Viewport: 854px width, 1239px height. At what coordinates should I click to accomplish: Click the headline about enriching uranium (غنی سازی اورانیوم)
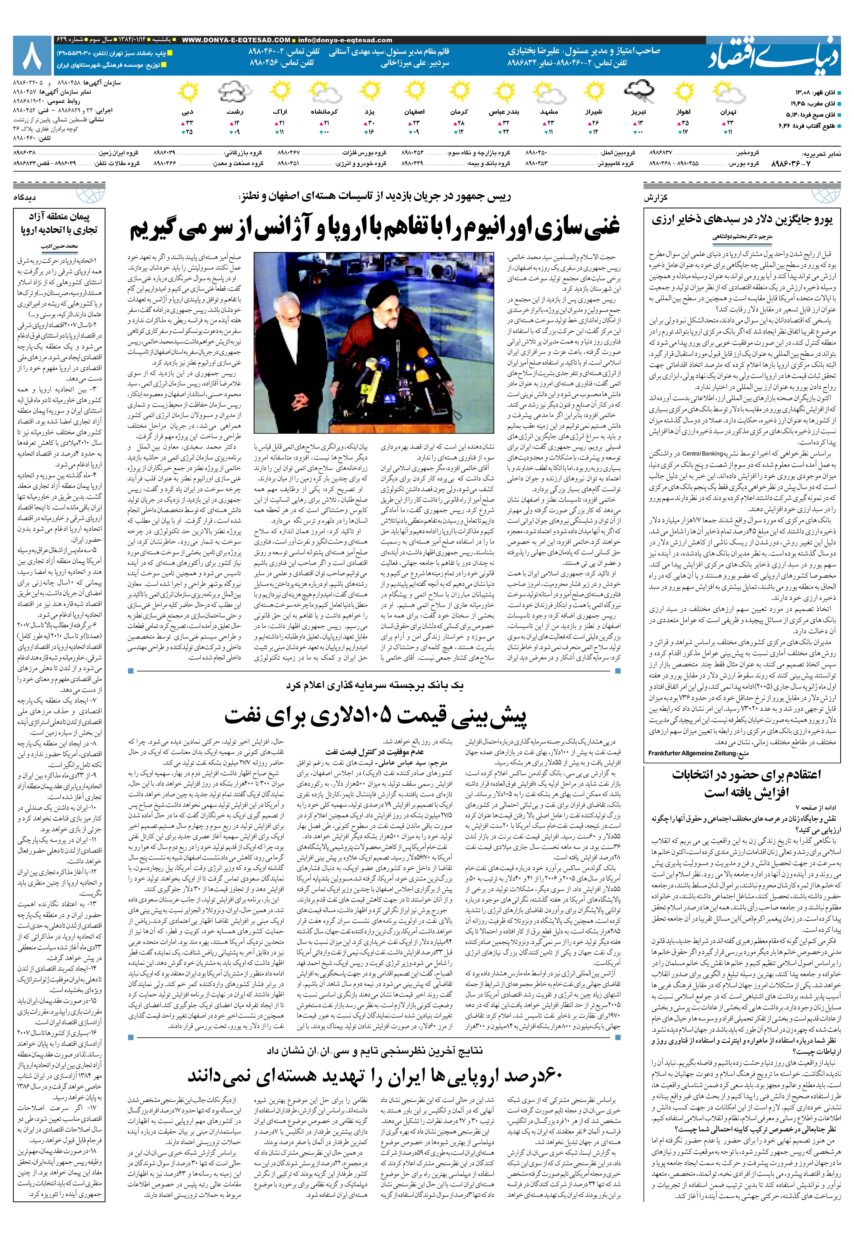click(x=375, y=227)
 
